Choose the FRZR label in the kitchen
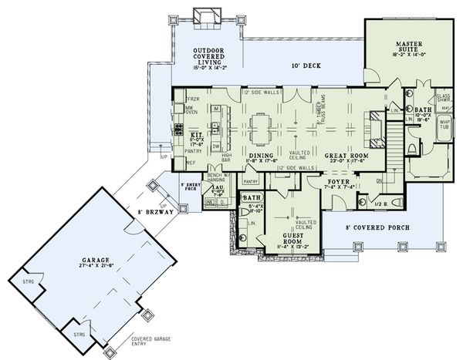coord(192,99)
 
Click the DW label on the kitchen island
coord(218,146)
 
